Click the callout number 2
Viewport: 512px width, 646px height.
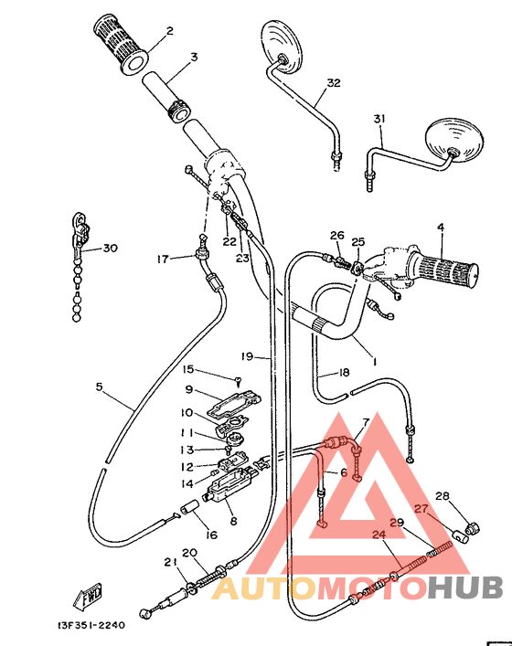[169, 31]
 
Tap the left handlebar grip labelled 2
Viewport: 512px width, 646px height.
[120, 44]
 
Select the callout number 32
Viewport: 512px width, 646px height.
[334, 83]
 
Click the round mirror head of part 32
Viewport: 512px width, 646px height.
[281, 45]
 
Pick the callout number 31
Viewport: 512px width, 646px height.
[379, 119]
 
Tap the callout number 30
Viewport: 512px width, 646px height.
[111, 248]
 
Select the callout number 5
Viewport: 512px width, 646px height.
[99, 387]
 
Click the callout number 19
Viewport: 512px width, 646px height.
[246, 355]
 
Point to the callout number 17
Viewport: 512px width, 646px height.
[163, 259]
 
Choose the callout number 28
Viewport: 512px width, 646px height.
[443, 496]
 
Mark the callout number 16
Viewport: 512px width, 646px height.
[211, 535]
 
